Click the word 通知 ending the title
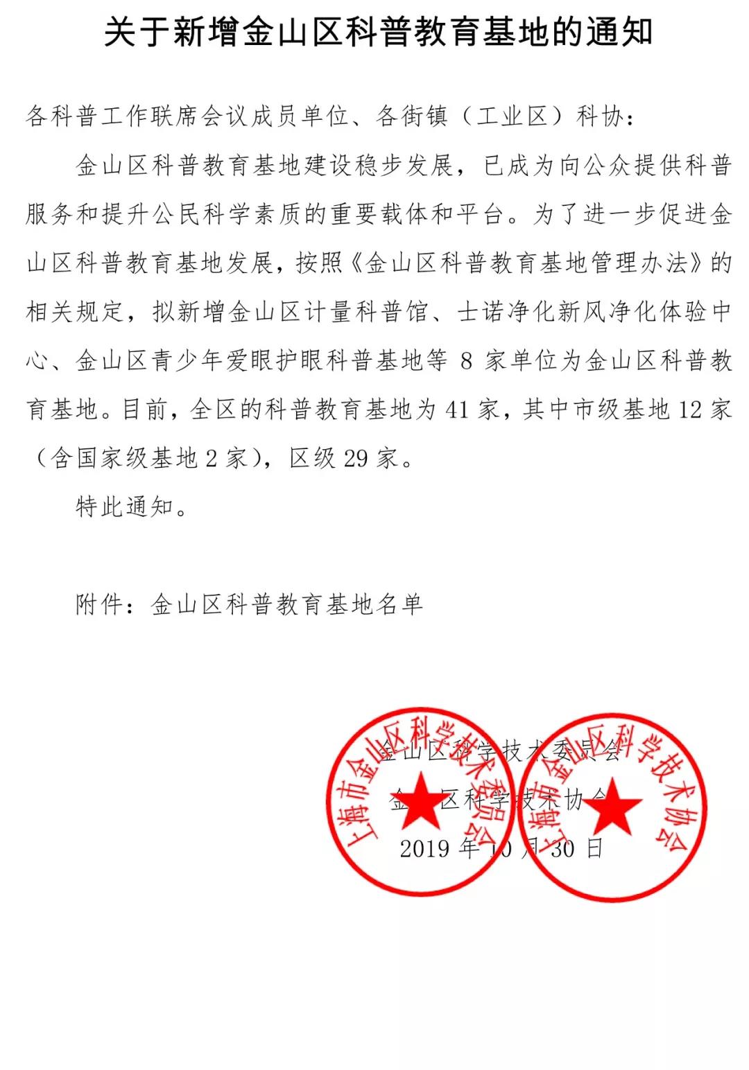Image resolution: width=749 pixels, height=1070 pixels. [x=619, y=33]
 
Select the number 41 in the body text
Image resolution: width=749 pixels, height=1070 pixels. [x=456, y=410]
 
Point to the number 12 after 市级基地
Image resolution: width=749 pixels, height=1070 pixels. [x=690, y=410]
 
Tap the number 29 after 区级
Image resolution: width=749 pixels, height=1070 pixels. [x=356, y=459]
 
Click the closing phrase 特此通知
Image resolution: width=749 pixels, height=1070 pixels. [x=125, y=507]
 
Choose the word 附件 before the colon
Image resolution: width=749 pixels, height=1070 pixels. [x=100, y=605]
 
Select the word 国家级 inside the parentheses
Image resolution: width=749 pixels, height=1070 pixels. [x=101, y=459]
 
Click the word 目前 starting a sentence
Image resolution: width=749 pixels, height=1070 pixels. [x=148, y=410]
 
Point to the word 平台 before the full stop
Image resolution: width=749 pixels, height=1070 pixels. [x=482, y=214]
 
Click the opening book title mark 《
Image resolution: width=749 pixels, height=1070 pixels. [x=354, y=263]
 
